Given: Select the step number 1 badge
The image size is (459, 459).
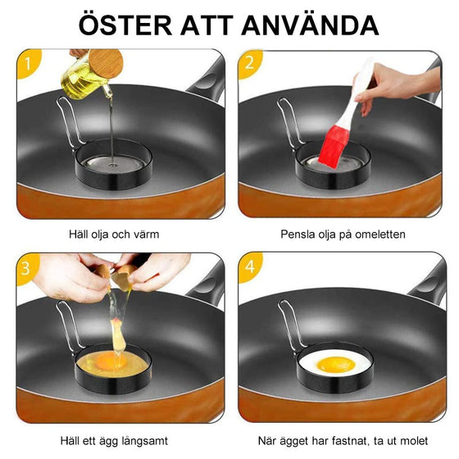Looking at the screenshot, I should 30,63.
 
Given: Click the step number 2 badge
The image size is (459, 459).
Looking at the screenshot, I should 249,63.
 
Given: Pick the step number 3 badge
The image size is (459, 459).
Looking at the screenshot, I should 30,268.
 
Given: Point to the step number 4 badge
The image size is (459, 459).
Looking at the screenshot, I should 249,268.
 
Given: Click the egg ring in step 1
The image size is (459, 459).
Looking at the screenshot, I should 111,162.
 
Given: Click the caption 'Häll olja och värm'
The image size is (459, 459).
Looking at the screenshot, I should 114,234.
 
